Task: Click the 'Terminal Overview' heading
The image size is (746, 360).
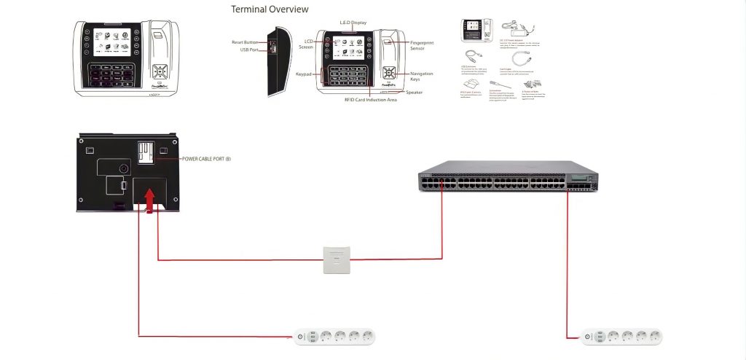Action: (270, 9)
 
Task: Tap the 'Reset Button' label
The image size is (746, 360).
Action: (246, 43)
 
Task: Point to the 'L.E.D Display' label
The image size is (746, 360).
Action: (354, 23)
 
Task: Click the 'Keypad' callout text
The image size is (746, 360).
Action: (304, 74)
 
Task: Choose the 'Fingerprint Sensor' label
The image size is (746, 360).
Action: (427, 45)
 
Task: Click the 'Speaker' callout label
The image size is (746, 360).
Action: (414, 93)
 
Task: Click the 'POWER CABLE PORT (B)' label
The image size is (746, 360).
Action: (206, 158)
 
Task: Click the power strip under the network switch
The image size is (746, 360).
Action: (623, 337)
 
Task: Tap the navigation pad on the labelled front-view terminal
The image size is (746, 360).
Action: (390, 74)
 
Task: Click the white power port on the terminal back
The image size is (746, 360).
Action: (145, 152)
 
